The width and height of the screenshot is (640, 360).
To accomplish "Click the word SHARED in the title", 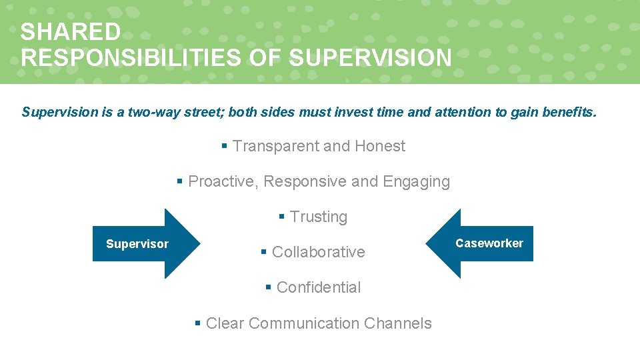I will [x=71, y=32].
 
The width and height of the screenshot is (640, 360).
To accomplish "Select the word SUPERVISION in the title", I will [x=370, y=57].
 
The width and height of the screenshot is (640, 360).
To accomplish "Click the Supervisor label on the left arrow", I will [x=137, y=244].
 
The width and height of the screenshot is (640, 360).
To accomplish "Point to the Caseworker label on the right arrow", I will [x=489, y=243].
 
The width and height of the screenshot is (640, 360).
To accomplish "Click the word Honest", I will [x=380, y=146].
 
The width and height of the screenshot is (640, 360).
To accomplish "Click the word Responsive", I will [x=305, y=181].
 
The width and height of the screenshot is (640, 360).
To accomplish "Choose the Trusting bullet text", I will [x=319, y=217].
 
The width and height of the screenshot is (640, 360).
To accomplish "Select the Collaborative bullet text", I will [x=319, y=252].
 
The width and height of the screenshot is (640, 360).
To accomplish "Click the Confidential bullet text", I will [x=319, y=287].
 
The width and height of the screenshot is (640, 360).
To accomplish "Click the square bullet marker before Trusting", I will [x=282, y=217].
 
